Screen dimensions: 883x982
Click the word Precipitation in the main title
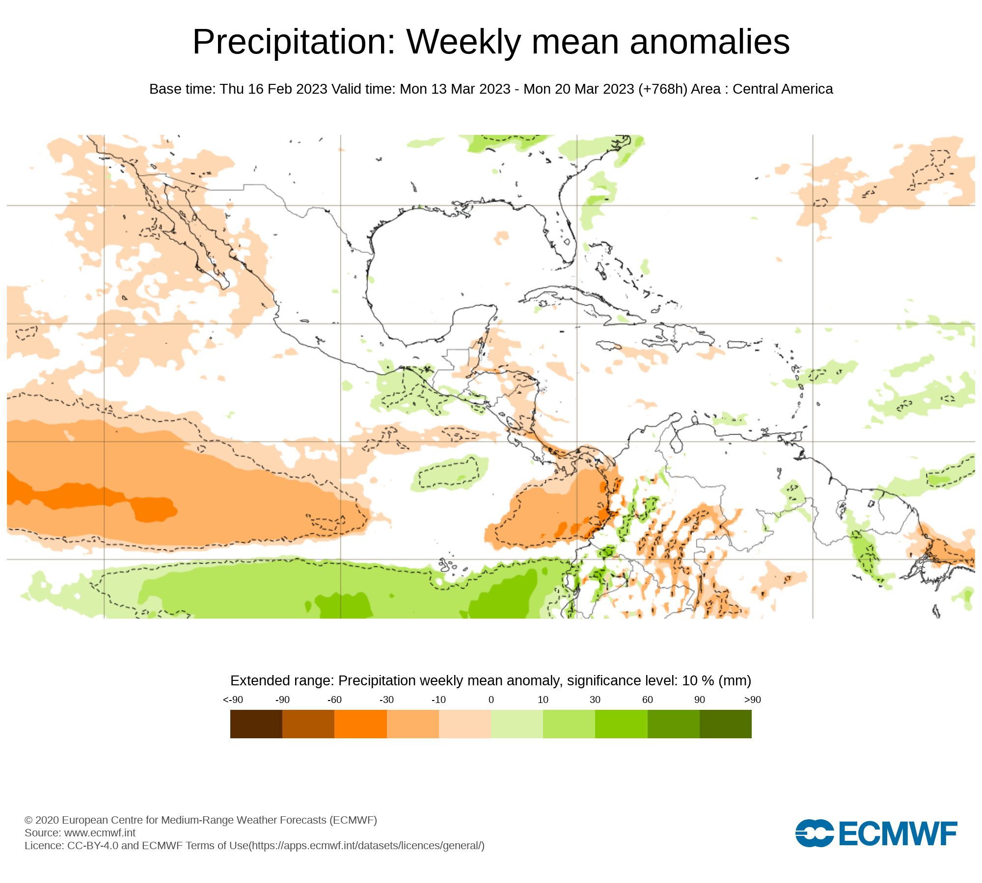(294, 42)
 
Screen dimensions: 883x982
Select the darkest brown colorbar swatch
(256, 724)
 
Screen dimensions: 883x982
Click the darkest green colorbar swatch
(725, 724)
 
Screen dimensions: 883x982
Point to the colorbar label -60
(334, 700)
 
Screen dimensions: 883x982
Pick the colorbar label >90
(752, 700)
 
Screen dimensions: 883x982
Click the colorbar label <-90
(233, 700)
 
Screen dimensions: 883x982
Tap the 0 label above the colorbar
(491, 700)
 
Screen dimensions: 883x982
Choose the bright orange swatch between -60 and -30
(360, 724)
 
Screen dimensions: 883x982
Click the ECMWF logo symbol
(814, 833)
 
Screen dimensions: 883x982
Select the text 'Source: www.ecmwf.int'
(80, 832)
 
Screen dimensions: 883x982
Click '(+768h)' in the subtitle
(663, 89)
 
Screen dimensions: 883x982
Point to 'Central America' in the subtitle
(783, 89)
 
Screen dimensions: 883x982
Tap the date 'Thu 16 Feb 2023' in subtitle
(273, 89)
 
